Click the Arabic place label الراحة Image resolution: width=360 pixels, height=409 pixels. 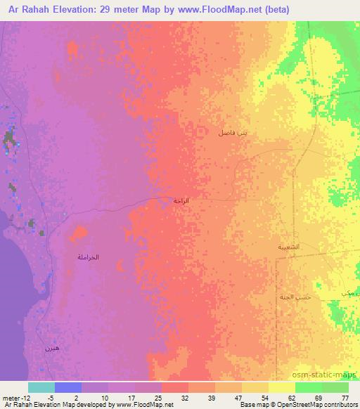coord(182,201)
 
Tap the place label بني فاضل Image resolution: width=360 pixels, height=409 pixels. coord(233,132)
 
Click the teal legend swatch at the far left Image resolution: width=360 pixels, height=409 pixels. coord(41,387)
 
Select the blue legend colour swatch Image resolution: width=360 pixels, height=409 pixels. coord(68,387)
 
